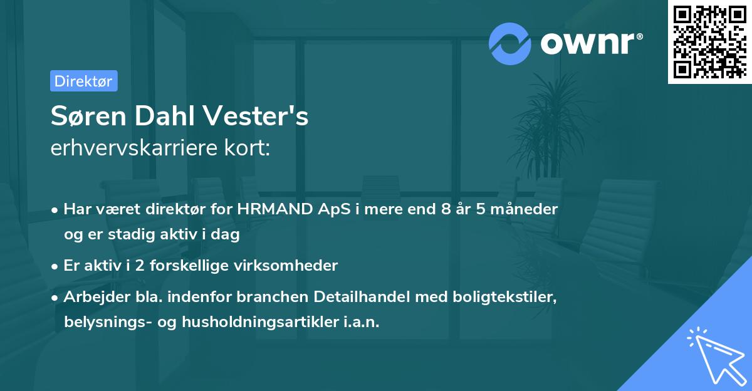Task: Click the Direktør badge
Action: pyautogui.click(x=83, y=81)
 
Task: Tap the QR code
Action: pyautogui.click(x=708, y=42)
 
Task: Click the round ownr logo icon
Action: pyautogui.click(x=510, y=43)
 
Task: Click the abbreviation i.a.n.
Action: pyautogui.click(x=362, y=322)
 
